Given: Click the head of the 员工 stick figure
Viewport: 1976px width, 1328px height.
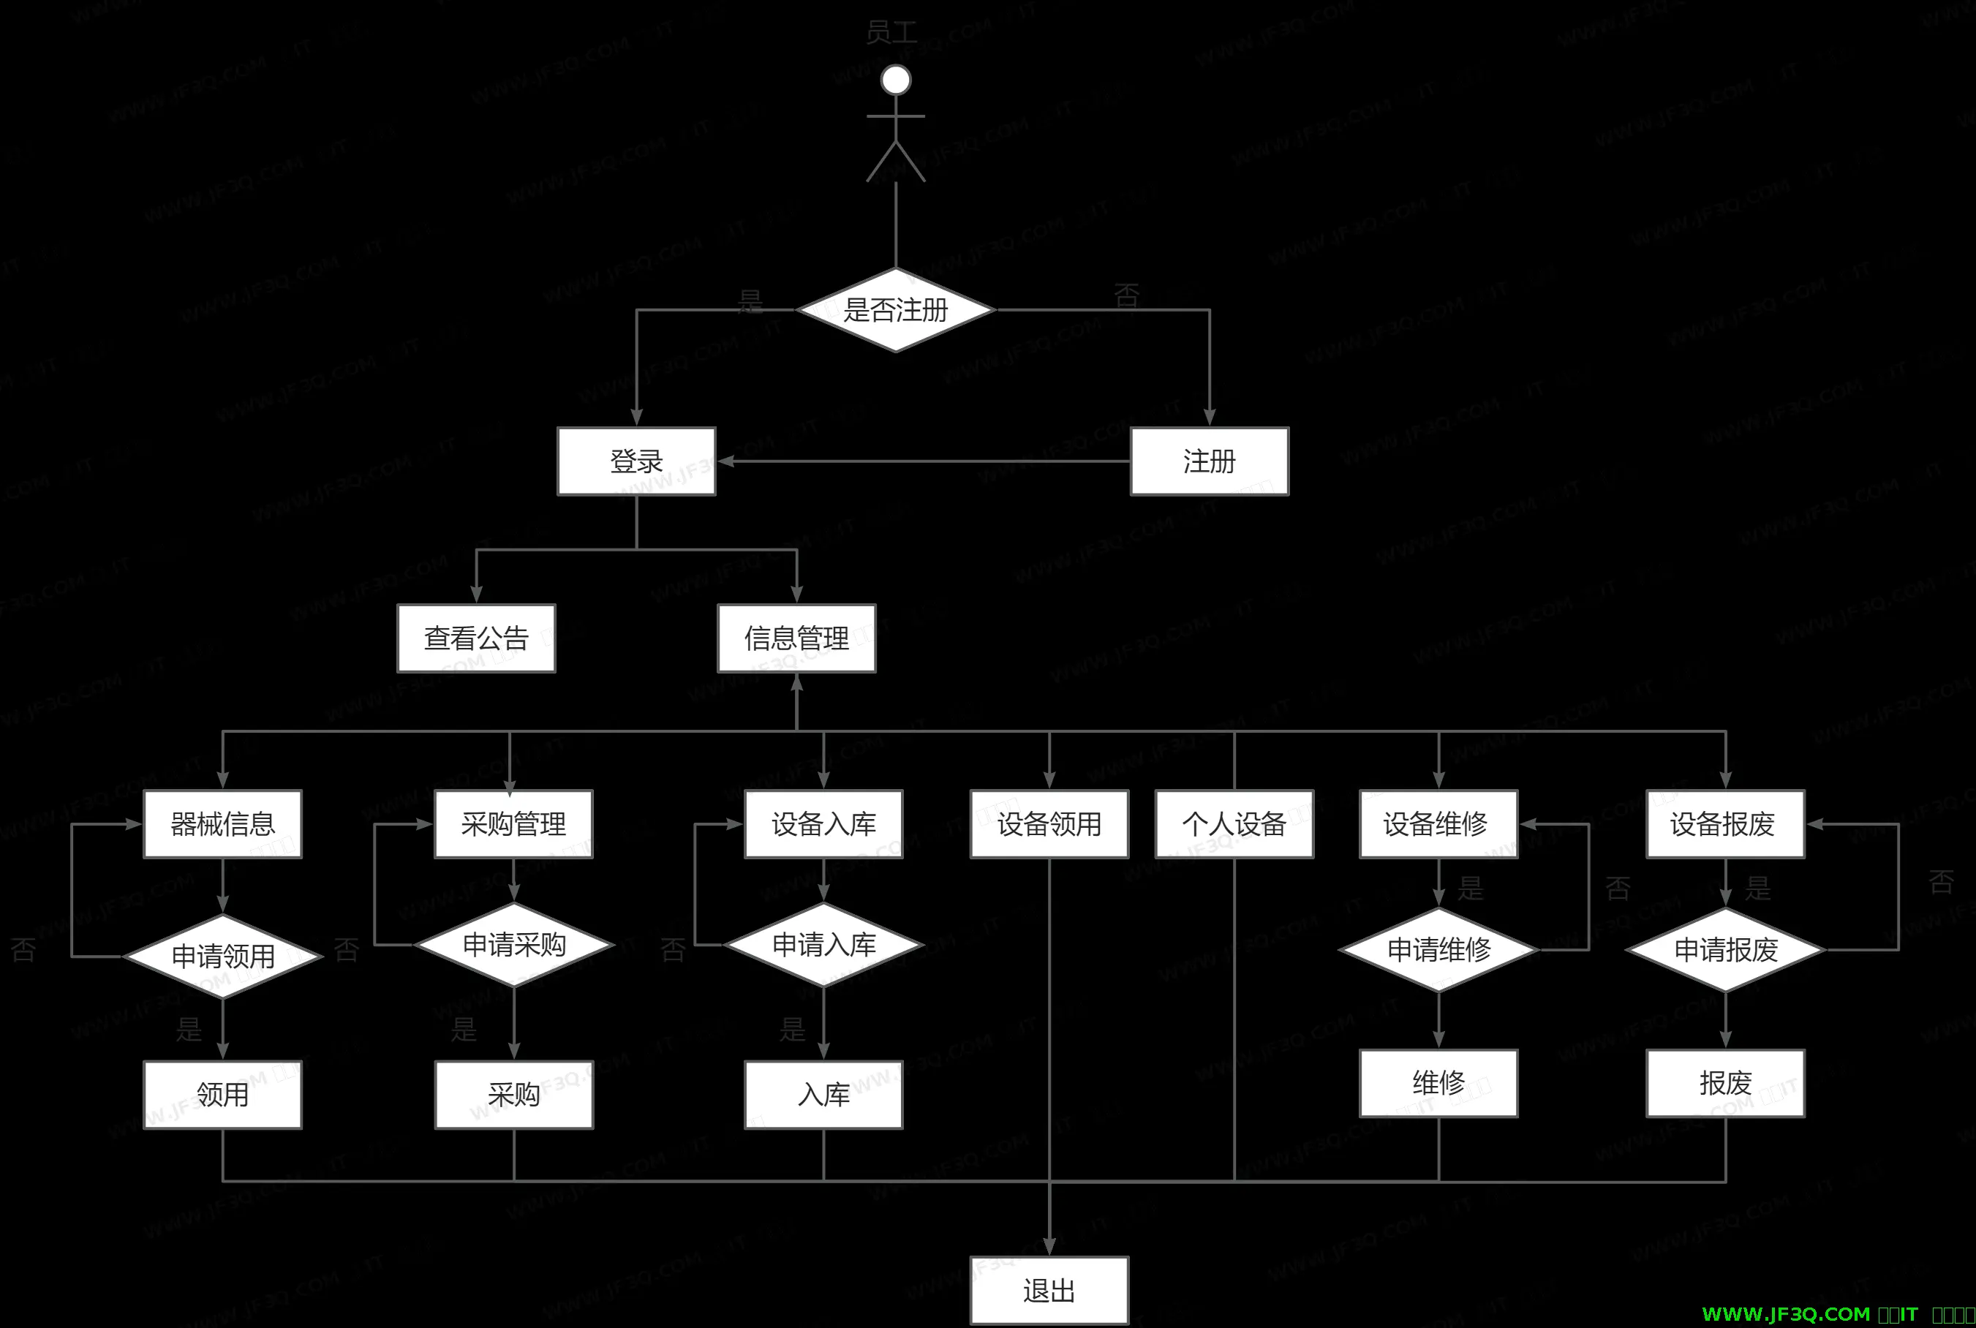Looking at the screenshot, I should tap(895, 80).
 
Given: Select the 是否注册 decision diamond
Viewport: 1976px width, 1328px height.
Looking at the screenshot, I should tap(895, 310).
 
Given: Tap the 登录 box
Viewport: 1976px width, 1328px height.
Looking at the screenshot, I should tap(636, 461).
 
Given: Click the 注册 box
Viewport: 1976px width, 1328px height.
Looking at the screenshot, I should tap(1209, 461).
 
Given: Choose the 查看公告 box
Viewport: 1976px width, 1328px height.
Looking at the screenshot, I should tap(476, 638).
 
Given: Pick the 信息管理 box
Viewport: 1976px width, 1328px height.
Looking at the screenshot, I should tap(796, 638).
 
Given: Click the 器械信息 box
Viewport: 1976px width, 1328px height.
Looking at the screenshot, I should tap(223, 824).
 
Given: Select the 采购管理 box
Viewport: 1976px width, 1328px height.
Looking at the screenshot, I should tap(513, 824).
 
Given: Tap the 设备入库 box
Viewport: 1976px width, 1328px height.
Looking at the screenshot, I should tap(823, 824).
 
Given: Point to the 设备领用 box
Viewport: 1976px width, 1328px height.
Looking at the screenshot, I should tap(1049, 824).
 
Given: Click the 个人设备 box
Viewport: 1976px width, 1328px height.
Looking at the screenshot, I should tap(1234, 824).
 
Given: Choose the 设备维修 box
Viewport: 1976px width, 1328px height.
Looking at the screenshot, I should tap(1438, 824).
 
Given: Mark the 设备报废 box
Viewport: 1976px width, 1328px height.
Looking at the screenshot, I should tap(1725, 824).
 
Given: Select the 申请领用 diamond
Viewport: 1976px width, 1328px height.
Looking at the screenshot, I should tap(223, 957).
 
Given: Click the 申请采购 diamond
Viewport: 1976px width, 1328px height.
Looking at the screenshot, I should tap(513, 944).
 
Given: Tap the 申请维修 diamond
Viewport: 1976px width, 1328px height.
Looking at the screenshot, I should tap(1438, 949).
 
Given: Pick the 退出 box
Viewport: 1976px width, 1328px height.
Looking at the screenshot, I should tap(1049, 1291).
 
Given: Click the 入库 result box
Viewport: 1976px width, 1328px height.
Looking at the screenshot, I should tap(823, 1094).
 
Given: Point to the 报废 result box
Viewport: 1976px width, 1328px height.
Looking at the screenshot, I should tap(1725, 1083).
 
